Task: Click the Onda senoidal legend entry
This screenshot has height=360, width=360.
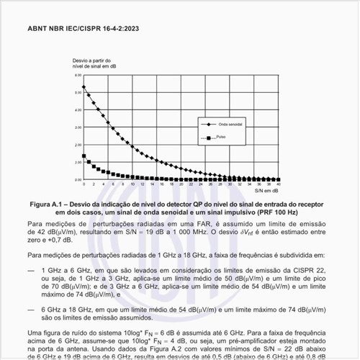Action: click(x=230, y=124)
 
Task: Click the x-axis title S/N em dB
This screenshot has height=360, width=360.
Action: click(x=266, y=191)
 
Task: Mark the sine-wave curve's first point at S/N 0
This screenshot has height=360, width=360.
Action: click(x=85, y=87)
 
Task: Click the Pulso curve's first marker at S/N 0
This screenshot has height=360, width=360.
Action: click(x=85, y=156)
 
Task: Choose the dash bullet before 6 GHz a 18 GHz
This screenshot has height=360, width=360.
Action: click(x=31, y=307)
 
